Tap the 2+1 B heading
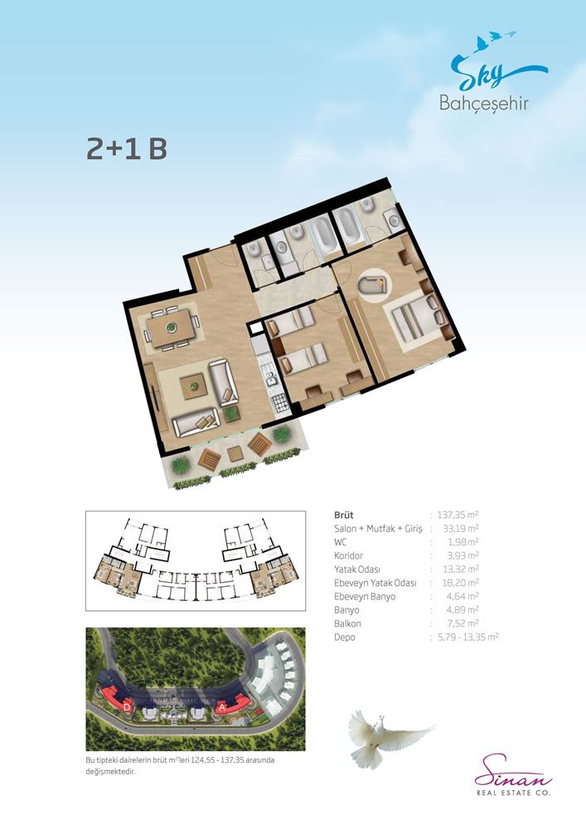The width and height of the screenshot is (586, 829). [x=127, y=149]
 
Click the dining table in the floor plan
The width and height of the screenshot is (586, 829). [x=171, y=327]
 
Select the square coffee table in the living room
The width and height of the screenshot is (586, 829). [x=193, y=386]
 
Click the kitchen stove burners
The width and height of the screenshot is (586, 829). [x=281, y=404]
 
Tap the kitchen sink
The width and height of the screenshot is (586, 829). [x=273, y=378]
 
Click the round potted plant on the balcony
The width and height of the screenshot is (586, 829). [x=282, y=434]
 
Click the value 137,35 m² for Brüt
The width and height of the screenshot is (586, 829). [x=458, y=515]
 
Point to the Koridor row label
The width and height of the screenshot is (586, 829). [x=348, y=555]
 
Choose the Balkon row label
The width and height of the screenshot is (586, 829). [x=347, y=624]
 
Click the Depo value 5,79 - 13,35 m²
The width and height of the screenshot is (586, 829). [x=468, y=637]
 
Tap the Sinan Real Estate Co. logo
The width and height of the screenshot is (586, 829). [x=513, y=775]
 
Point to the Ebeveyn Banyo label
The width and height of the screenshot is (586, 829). [x=365, y=596]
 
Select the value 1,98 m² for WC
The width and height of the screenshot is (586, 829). [x=463, y=542]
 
